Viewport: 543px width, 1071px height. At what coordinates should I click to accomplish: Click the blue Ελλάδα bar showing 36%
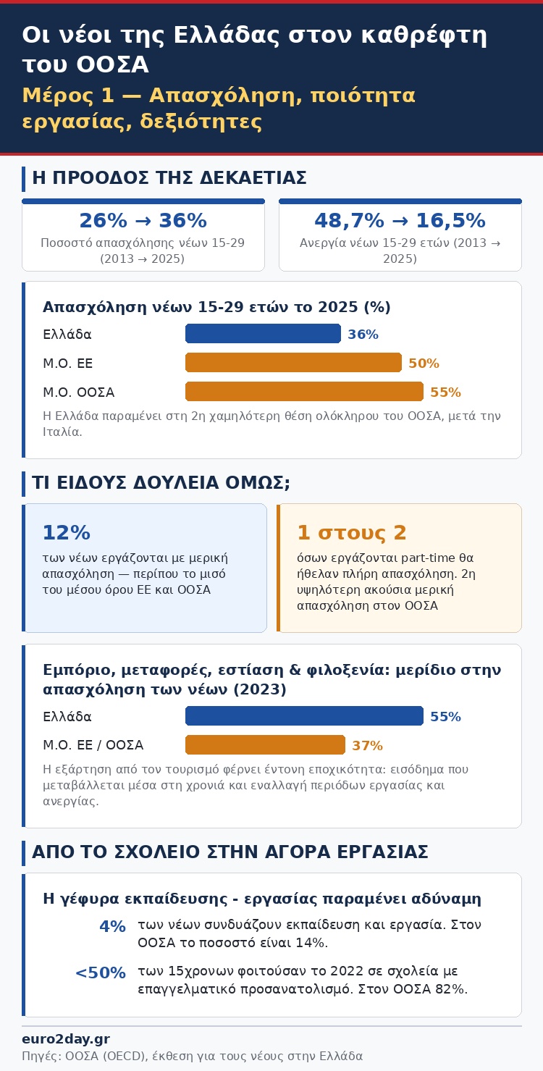(x=263, y=334)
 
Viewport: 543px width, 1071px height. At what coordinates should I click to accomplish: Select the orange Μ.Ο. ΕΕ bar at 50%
(x=293, y=362)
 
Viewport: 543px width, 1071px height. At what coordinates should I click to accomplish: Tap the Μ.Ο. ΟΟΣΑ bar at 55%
(x=305, y=392)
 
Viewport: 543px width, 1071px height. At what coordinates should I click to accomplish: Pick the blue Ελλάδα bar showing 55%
(x=305, y=715)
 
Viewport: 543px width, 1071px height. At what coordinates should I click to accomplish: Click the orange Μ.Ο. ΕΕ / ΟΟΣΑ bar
(x=265, y=745)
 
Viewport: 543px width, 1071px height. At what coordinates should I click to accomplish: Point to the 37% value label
(x=368, y=745)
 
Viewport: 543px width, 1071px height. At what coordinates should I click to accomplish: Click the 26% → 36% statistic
(x=143, y=220)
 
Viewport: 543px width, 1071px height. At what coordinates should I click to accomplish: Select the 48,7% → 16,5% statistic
(x=400, y=220)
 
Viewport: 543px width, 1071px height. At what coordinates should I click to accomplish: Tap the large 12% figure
(x=67, y=533)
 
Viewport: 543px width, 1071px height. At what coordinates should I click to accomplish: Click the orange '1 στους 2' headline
(x=352, y=533)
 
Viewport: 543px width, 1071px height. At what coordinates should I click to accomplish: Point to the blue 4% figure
(x=112, y=926)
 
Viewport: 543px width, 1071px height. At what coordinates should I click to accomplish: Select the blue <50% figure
(x=101, y=973)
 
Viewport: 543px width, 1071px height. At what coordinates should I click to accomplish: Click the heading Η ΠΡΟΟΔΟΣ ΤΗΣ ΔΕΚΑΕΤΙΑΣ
(x=169, y=178)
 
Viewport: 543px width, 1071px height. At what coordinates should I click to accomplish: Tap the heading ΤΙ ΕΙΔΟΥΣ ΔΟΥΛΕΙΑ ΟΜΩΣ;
(x=161, y=483)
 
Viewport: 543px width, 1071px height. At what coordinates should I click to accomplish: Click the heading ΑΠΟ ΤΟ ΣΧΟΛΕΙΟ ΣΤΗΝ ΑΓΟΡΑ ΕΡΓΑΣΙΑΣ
(x=230, y=852)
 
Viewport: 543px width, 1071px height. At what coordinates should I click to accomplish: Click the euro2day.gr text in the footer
(x=66, y=1039)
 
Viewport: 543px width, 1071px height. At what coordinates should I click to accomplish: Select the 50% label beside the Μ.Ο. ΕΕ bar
(x=424, y=364)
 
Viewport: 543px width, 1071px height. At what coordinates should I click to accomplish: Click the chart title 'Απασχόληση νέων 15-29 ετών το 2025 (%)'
(x=216, y=307)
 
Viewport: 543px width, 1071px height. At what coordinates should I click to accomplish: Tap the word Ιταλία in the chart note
(x=62, y=432)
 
